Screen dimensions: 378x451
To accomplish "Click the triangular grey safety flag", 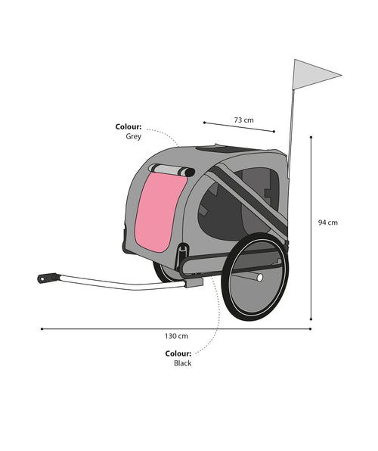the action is [312, 75].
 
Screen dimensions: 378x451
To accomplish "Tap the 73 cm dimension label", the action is [243, 120].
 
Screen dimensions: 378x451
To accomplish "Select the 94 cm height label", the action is [327, 222].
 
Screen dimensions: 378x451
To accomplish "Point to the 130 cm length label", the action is [176, 336].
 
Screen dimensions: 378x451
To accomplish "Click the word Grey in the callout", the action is [133, 136].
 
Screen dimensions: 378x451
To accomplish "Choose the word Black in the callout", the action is [182, 363].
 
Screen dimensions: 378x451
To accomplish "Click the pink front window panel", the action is [160, 211].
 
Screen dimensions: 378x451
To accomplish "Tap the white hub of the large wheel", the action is [259, 278].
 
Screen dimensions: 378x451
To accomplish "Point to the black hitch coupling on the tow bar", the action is [47, 278].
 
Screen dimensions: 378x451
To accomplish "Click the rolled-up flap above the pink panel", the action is [172, 170].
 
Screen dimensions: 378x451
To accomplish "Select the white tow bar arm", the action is [122, 283].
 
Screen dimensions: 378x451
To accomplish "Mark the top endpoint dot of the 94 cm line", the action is [311, 137].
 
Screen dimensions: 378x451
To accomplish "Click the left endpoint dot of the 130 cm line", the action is [42, 328].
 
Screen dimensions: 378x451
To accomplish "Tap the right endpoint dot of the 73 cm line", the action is [274, 132].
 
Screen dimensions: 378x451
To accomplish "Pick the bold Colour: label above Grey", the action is [129, 126].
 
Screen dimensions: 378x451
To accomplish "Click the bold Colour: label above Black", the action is [178, 353].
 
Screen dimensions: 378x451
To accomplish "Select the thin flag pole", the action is [291, 132].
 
